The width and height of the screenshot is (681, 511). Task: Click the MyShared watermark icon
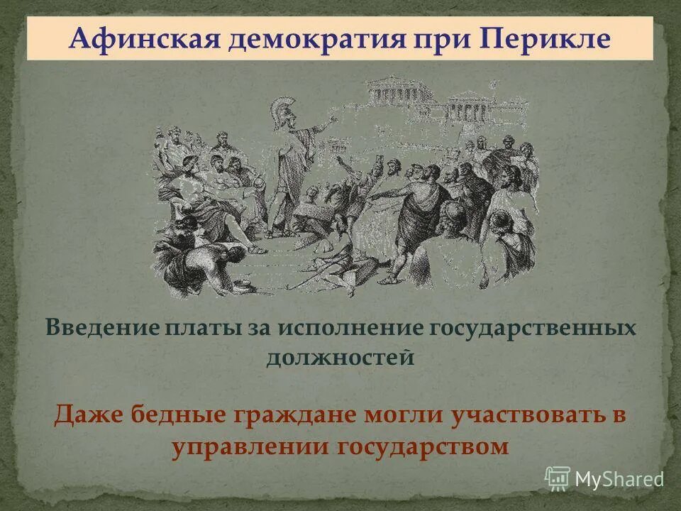tap(557, 478)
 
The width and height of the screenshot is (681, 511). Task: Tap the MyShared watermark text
tap(619, 479)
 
